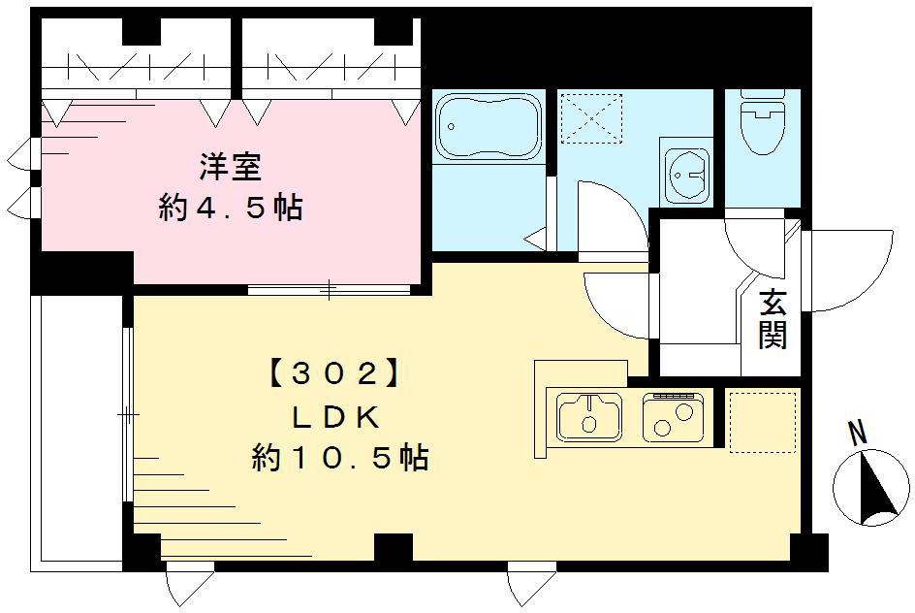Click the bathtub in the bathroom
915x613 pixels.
(488, 127)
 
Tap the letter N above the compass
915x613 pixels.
(858, 434)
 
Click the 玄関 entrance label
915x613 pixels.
(773, 319)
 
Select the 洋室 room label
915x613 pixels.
(230, 168)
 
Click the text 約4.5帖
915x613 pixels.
(230, 208)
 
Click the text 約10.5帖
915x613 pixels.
(339, 457)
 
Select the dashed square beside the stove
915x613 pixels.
(761, 421)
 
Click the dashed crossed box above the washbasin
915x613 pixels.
(591, 117)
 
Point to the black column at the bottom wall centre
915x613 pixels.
(393, 549)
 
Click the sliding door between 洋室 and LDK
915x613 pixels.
(330, 288)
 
